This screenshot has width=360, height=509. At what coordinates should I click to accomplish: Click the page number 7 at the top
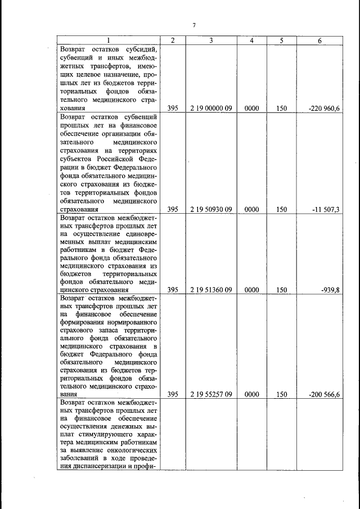click(193, 25)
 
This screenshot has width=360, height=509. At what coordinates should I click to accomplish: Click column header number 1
click(109, 40)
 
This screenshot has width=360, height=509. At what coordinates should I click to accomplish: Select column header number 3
click(211, 40)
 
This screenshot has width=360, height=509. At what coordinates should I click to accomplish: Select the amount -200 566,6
click(325, 395)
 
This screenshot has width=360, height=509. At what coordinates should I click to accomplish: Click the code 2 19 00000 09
click(211, 107)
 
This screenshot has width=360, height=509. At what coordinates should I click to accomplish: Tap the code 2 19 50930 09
click(211, 209)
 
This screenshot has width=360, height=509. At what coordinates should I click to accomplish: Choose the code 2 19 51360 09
click(211, 290)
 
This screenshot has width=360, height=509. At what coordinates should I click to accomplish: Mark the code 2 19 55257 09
click(211, 395)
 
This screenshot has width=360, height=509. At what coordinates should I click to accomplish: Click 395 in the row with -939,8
click(173, 290)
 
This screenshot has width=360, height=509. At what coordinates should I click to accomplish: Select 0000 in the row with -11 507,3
click(252, 209)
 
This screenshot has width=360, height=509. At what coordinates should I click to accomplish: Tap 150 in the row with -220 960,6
click(282, 107)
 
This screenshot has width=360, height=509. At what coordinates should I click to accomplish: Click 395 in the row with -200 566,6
click(173, 395)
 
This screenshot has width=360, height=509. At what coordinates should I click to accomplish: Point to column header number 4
click(252, 40)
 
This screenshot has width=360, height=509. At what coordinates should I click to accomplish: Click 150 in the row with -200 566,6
click(282, 395)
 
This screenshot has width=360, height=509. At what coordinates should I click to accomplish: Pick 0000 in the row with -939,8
click(252, 290)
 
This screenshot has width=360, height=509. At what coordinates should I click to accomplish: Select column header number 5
click(282, 40)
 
